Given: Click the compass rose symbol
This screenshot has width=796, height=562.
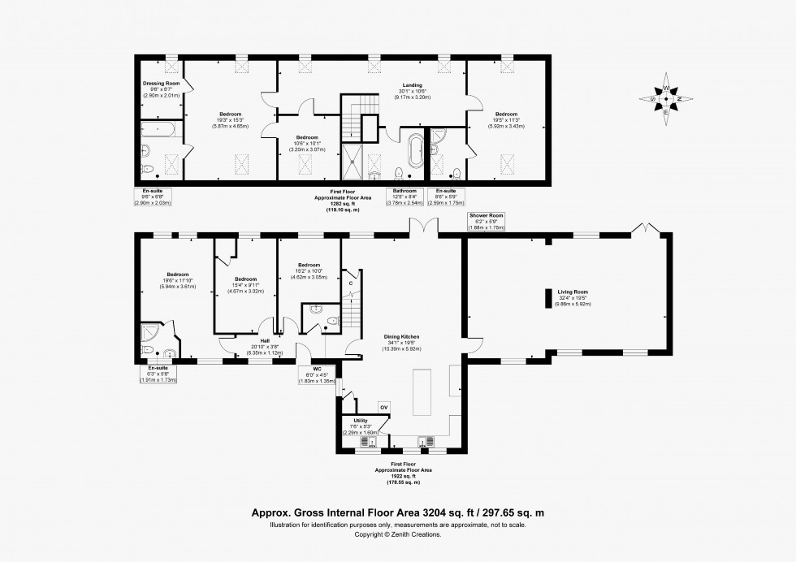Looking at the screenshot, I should pyautogui.click(x=666, y=98).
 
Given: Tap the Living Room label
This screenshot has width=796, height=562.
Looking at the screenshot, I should pyautogui.click(x=573, y=291).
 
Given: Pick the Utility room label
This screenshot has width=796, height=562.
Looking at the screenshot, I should pyautogui.click(x=361, y=420).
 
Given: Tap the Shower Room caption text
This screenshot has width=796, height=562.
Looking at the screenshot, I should pyautogui.click(x=487, y=216).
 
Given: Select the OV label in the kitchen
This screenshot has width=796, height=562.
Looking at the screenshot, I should pyautogui.click(x=384, y=407).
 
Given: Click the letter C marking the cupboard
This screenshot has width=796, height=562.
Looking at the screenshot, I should pyautogui.click(x=350, y=283).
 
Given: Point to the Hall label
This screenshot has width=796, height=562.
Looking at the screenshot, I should pyautogui.click(x=265, y=341).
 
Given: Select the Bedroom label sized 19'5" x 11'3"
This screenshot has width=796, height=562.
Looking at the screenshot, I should pyautogui.click(x=507, y=114).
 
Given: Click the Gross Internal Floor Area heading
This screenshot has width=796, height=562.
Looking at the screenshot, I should pyautogui.click(x=397, y=513).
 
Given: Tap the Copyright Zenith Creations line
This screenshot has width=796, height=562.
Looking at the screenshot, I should pyautogui.click(x=397, y=534).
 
